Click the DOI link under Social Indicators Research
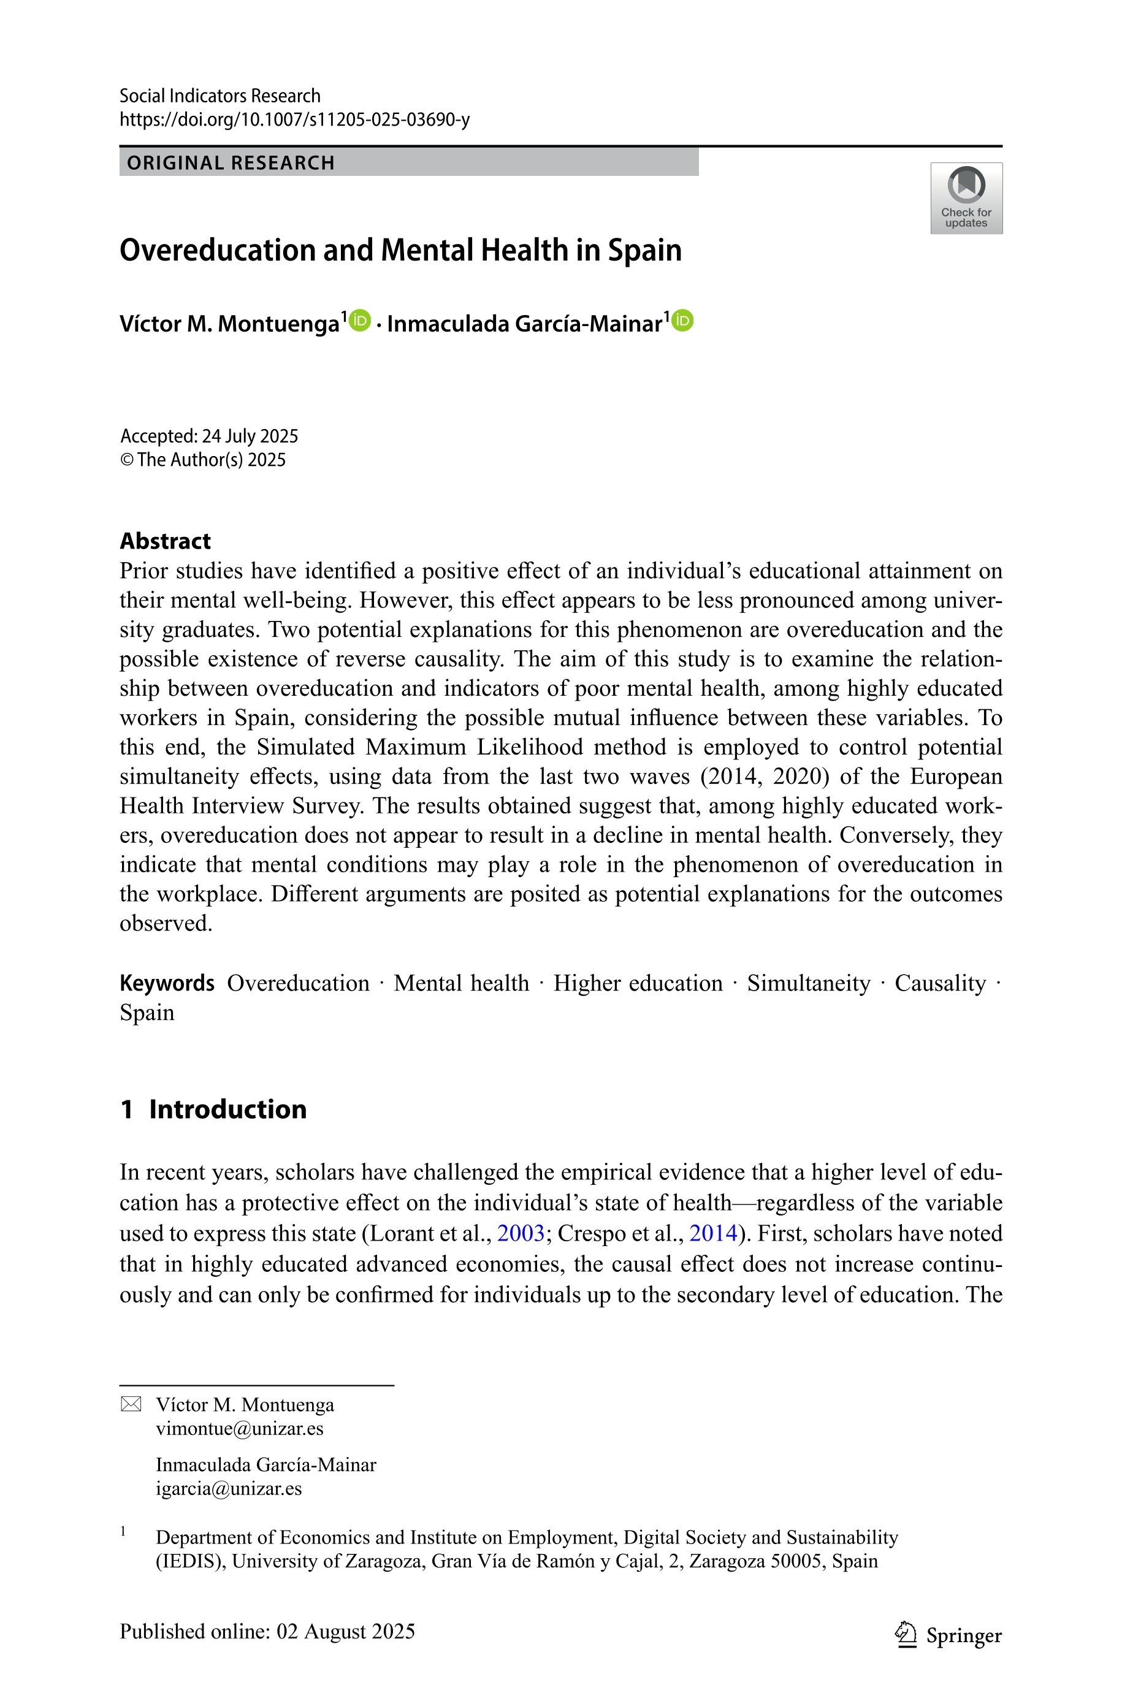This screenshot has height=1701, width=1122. coord(294,120)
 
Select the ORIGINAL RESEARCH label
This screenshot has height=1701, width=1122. coord(231,163)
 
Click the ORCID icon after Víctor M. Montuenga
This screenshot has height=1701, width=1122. coord(359,321)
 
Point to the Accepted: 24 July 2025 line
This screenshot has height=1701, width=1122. coord(209,436)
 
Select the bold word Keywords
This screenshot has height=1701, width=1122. coord(167,983)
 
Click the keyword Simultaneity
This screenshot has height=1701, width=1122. coord(808,983)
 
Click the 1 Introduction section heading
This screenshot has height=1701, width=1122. coord(213,1109)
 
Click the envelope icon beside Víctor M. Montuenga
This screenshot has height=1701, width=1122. coord(131,1404)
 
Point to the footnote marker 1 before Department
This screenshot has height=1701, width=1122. coord(123,1531)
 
